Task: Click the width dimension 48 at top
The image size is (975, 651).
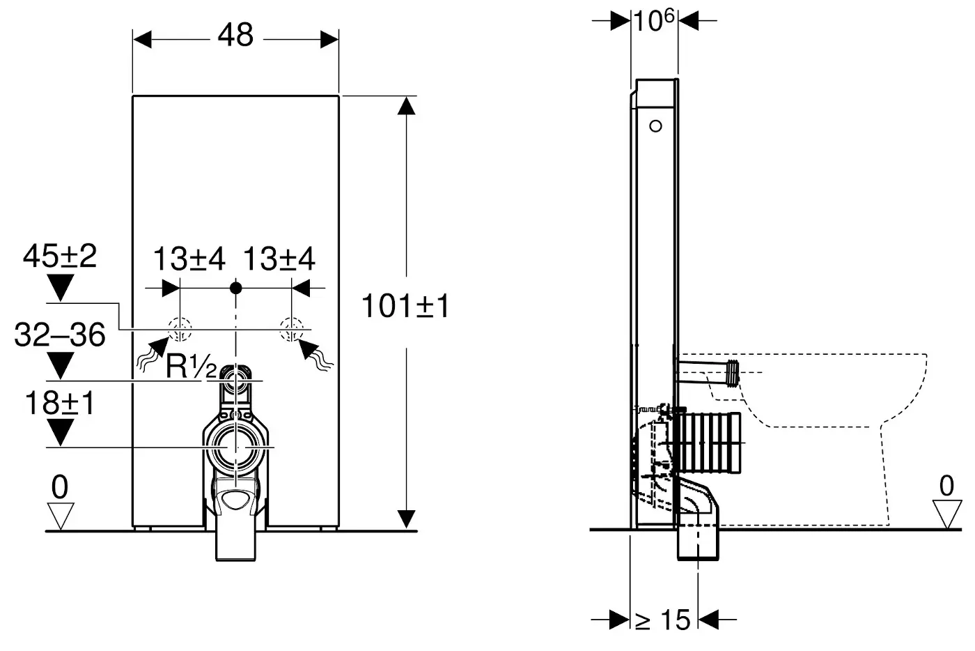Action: (235, 35)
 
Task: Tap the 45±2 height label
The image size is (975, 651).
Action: (60, 257)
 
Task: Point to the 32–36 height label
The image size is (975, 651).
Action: (60, 335)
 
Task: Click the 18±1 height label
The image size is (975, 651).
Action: (60, 404)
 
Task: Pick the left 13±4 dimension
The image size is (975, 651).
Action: (189, 259)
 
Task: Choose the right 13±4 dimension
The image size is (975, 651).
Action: (279, 259)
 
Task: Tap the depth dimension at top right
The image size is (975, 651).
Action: (654, 21)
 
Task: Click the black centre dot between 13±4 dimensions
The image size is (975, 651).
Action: (236, 286)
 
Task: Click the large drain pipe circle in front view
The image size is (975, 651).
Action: (236, 446)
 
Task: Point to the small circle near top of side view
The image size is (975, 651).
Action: (655, 126)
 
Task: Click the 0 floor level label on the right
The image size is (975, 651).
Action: (946, 486)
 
